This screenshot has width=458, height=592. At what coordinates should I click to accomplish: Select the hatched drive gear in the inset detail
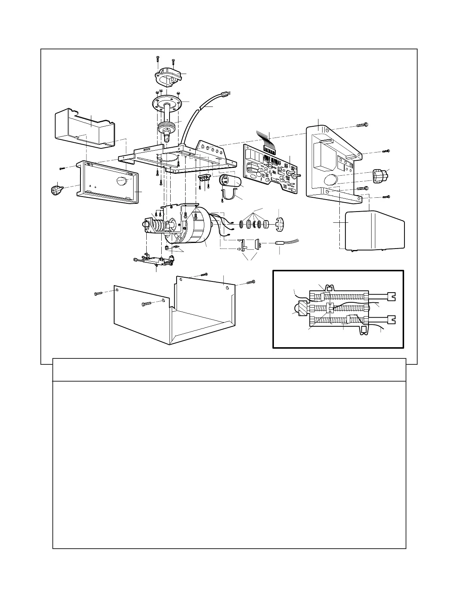pos(302,309)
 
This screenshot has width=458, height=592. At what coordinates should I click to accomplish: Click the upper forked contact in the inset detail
pos(391,296)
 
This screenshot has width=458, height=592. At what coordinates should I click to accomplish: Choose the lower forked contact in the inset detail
pos(391,320)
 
